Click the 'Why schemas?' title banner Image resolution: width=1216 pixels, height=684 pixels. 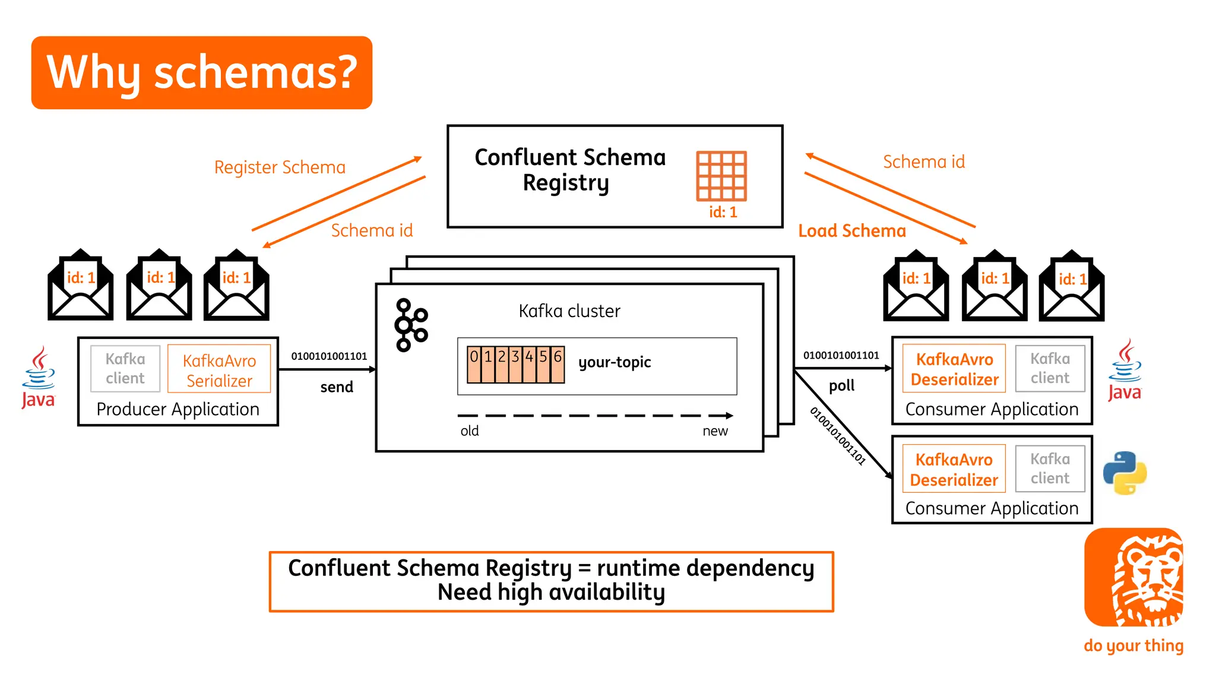click(x=201, y=72)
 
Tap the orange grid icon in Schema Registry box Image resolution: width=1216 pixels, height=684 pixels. click(x=721, y=176)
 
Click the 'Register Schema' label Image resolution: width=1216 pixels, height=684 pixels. click(x=280, y=167)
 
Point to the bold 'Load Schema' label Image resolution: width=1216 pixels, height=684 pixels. click(x=851, y=231)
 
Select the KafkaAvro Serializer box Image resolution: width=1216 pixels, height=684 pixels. click(x=219, y=370)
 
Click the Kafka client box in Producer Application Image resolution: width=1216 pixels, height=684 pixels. click(x=125, y=369)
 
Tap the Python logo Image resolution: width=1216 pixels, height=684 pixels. click(x=1125, y=473)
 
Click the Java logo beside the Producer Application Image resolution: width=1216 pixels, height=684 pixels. click(x=38, y=378)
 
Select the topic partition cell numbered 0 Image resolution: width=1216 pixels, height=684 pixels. click(x=474, y=363)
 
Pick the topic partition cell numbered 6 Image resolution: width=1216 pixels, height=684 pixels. click(x=558, y=363)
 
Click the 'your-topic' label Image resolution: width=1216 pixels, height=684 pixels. click(x=615, y=362)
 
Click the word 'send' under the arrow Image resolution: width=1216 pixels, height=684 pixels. click(x=337, y=387)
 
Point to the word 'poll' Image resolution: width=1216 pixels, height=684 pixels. click(x=841, y=386)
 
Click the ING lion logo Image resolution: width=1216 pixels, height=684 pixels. click(x=1133, y=577)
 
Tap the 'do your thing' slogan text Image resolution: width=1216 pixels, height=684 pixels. click(x=1133, y=645)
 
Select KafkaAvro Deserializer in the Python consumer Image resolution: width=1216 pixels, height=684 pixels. click(x=954, y=469)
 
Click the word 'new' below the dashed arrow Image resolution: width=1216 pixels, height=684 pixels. click(x=715, y=431)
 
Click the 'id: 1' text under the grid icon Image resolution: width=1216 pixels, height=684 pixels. click(x=723, y=213)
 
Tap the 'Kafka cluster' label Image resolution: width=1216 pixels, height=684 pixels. click(x=569, y=311)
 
